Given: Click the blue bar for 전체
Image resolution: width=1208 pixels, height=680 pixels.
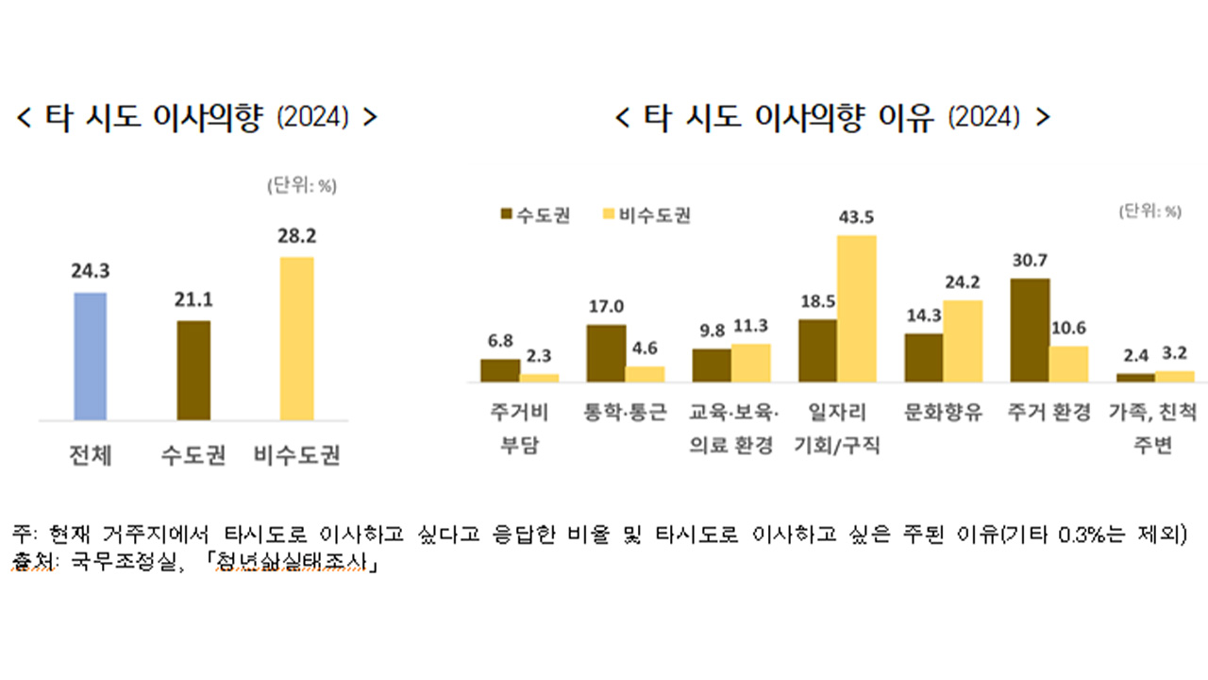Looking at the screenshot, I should (91, 356).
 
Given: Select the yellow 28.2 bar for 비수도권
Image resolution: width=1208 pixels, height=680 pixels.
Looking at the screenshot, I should (296, 338).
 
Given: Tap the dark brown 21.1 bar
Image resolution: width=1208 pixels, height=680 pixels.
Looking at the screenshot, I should (193, 370).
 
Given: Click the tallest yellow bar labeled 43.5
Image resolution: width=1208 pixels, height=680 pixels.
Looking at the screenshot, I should (857, 309).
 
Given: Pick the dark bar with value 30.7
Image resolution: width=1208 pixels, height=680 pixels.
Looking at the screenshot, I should (1030, 331).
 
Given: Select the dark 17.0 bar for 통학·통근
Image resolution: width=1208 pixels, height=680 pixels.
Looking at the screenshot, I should (606, 353).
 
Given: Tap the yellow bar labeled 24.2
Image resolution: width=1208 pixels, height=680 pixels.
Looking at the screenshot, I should (963, 341).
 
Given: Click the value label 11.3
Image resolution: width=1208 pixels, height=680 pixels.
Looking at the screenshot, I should (751, 326).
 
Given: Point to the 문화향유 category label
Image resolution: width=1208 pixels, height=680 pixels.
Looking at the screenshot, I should (943, 413).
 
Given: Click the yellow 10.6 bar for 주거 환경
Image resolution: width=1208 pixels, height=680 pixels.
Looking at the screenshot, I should (1068, 364).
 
